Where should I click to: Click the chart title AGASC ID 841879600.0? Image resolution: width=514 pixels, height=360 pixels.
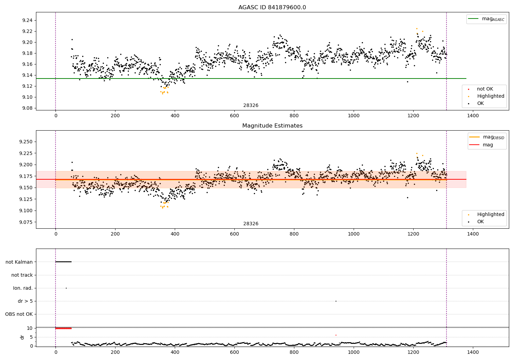pyautogui.click(x=272, y=8)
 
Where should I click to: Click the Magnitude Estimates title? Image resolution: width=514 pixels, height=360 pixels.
pyautogui.click(x=272, y=126)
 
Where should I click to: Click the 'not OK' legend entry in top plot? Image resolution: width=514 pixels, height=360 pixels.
pyautogui.click(x=485, y=89)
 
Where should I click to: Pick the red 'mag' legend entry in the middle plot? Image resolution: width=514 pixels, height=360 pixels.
pyautogui.click(x=488, y=145)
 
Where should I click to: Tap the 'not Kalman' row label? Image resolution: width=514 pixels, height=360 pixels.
pyautogui.click(x=19, y=262)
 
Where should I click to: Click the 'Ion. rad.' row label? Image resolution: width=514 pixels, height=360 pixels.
pyautogui.click(x=23, y=288)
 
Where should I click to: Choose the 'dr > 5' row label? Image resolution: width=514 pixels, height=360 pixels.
pyautogui.click(x=25, y=301)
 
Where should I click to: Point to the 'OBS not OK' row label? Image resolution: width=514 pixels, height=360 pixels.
pyautogui.click(x=19, y=314)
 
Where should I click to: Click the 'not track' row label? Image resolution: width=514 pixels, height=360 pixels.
pyautogui.click(x=22, y=275)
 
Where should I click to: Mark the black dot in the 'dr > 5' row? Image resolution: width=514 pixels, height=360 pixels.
pyautogui.click(x=336, y=301)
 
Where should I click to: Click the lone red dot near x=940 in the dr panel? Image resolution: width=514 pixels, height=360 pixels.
pyautogui.click(x=336, y=335)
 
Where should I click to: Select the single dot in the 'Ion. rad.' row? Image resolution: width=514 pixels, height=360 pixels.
pyautogui.click(x=66, y=288)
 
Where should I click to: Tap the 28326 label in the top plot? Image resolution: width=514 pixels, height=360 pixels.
pyautogui.click(x=251, y=106)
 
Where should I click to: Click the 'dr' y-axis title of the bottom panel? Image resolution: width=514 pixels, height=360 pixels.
pyautogui.click(x=22, y=337)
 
